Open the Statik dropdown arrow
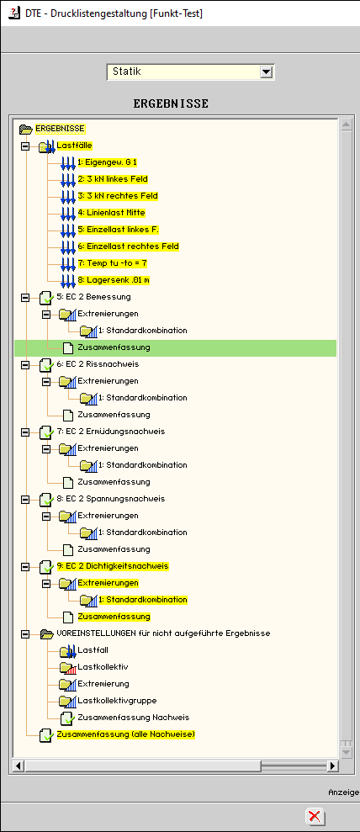(266, 72)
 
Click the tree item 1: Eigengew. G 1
(103, 162)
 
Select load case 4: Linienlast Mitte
(111, 212)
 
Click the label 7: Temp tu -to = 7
(113, 263)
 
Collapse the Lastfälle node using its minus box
(25, 146)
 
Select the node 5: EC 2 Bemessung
(93, 297)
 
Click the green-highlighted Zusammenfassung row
(114, 347)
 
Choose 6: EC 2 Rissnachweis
(98, 364)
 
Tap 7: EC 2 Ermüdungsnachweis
(111, 432)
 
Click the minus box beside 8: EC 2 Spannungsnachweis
(25, 500)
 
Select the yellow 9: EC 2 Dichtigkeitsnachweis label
(113, 566)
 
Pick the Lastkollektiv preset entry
(103, 667)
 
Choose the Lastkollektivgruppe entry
(117, 701)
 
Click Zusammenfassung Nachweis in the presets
(134, 718)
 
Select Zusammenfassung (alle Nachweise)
(126, 734)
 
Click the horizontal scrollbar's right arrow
(332, 766)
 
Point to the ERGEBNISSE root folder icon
(25, 129)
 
